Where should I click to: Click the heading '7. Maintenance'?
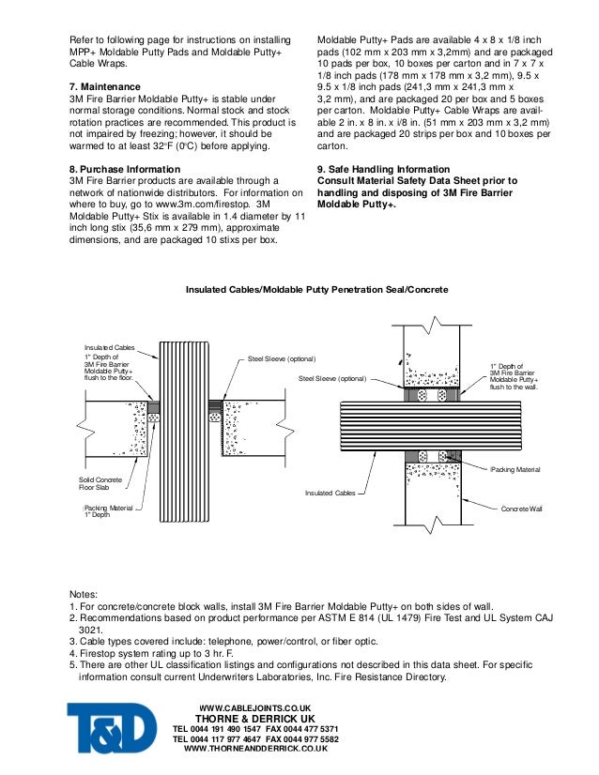click(106, 86)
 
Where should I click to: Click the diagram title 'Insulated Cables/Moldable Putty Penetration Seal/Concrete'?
click(316, 290)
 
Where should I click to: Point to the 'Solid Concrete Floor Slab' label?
click(98, 483)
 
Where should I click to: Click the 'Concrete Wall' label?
click(522, 508)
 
